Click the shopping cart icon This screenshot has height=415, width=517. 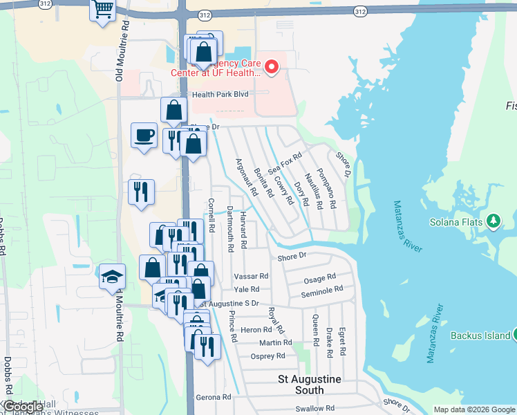(103, 10)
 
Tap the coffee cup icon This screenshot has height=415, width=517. (144, 134)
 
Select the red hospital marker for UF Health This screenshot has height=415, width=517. (272, 68)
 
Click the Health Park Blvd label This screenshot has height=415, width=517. (220, 94)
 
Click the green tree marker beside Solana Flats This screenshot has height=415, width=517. (493, 221)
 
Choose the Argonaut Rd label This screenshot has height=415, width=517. (246, 176)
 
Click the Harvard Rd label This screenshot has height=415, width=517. (243, 230)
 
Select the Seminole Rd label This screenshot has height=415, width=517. (321, 293)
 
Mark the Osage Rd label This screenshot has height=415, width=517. (320, 279)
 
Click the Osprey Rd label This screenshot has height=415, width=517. (268, 356)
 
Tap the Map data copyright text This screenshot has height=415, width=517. (474, 409)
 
